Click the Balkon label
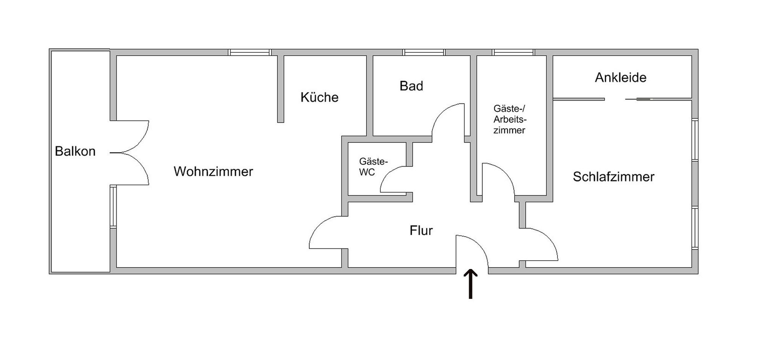click(x=75, y=151)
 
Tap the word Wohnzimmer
click(x=213, y=172)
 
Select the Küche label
click(x=319, y=97)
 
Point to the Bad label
click(x=411, y=86)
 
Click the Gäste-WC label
click(x=373, y=167)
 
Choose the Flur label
click(x=421, y=230)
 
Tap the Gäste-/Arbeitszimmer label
click(x=510, y=119)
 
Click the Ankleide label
click(x=620, y=78)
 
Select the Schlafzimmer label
click(x=613, y=177)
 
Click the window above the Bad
click(x=424, y=52)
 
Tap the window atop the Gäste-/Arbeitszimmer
click(x=513, y=52)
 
